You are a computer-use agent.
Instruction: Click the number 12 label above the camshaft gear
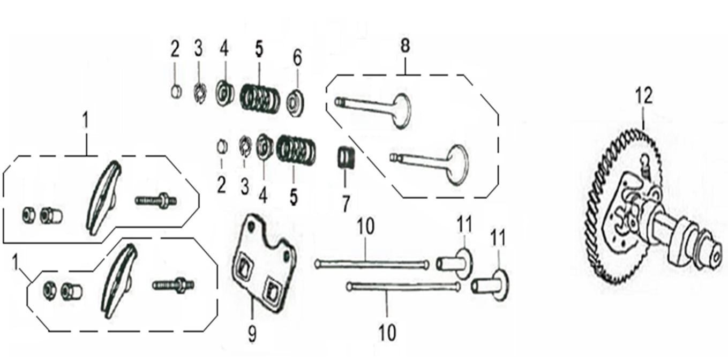pyautogui.click(x=644, y=96)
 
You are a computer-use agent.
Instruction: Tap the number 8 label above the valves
pyautogui.click(x=405, y=46)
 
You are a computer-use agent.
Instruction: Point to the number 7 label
pyautogui.click(x=346, y=204)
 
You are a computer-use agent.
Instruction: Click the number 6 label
pyautogui.click(x=297, y=58)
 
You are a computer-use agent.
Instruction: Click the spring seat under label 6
pyautogui.click(x=295, y=103)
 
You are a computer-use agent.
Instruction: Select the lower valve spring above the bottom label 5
pyautogui.click(x=296, y=150)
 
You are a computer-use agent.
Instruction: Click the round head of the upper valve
pyautogui.click(x=402, y=110)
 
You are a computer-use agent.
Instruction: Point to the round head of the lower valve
pyautogui.click(x=457, y=164)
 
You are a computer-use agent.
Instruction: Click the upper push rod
pyautogui.click(x=371, y=264)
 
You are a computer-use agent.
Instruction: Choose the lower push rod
pyautogui.click(x=403, y=287)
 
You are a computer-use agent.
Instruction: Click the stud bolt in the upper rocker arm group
pyautogui.click(x=156, y=200)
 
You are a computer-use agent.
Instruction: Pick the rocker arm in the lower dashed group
pyautogui.click(x=119, y=281)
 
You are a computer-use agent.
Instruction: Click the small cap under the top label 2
pyautogui.click(x=176, y=91)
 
